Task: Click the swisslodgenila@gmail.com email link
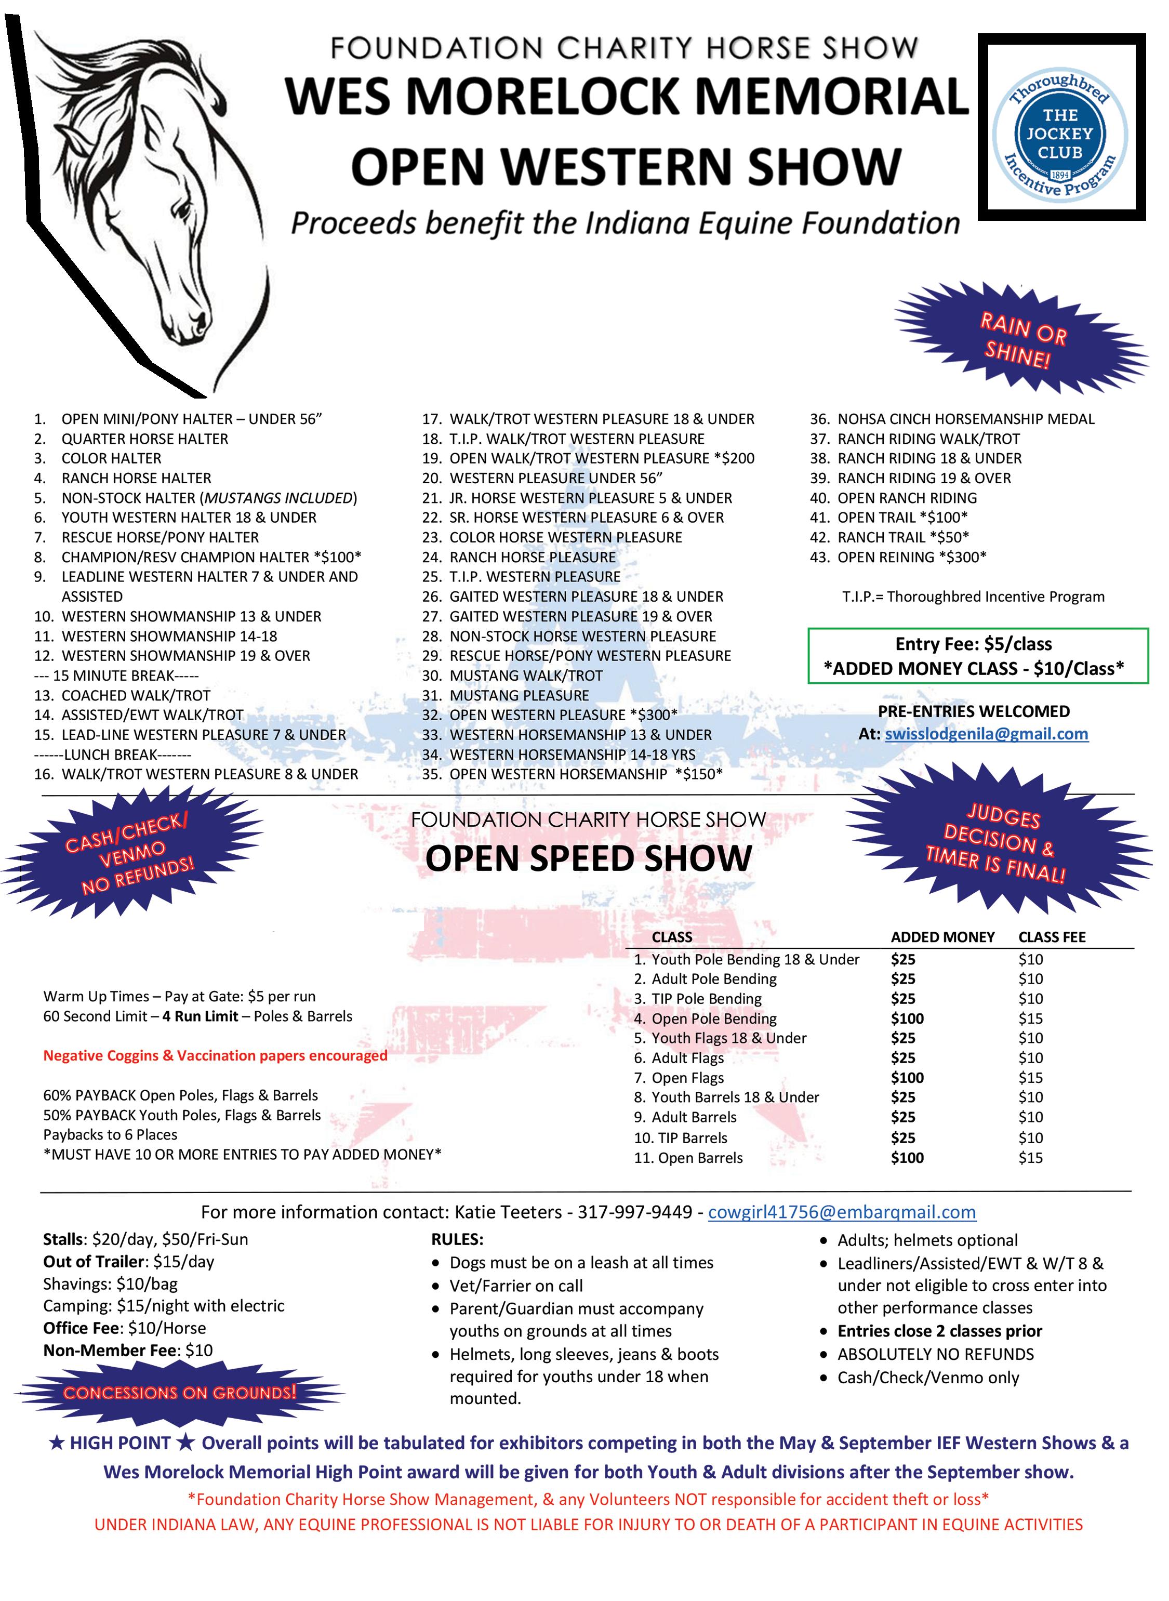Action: click(x=987, y=734)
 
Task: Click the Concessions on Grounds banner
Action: click(x=180, y=1392)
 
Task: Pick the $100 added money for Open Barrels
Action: click(x=907, y=1158)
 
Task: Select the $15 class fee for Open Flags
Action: click(x=1030, y=1078)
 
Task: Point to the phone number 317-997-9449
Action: click(x=635, y=1212)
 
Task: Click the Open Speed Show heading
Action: click(x=588, y=858)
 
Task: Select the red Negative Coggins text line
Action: click(x=215, y=1055)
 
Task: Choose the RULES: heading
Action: click(x=457, y=1239)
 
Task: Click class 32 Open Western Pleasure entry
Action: click(x=563, y=715)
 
